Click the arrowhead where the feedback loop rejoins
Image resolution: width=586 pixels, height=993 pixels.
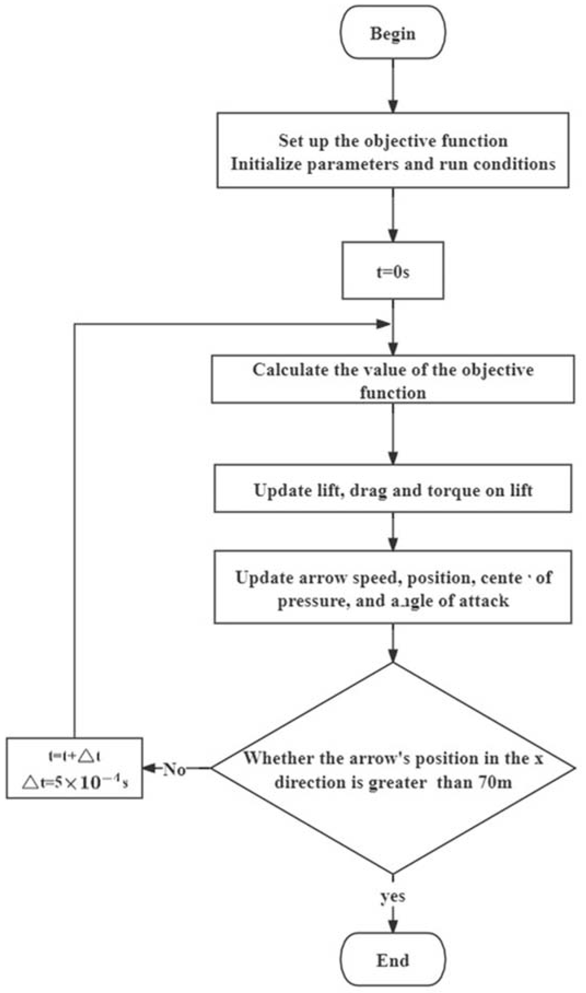click(383, 324)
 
